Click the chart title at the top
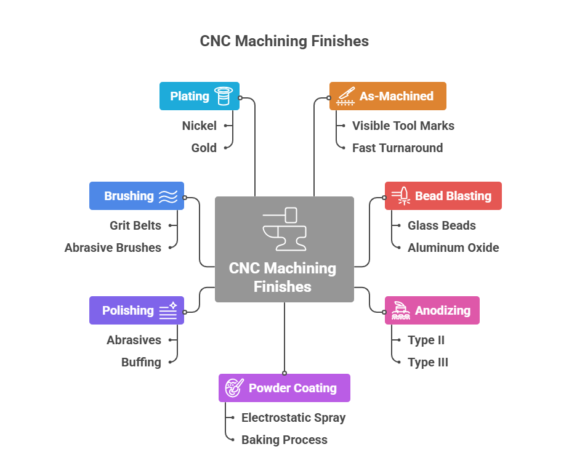284,41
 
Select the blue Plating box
199,96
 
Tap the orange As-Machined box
387,96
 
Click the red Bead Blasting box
443,196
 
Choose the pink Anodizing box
432,310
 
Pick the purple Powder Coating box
284,388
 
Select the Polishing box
136,310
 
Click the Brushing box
136,196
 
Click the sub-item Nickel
199,126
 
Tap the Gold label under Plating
204,148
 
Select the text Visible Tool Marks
403,126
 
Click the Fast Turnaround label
397,148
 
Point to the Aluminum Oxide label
453,248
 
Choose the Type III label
427,362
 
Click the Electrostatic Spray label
293,418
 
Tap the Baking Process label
284,440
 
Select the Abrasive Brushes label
113,248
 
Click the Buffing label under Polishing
141,362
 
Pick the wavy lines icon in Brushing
168,196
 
